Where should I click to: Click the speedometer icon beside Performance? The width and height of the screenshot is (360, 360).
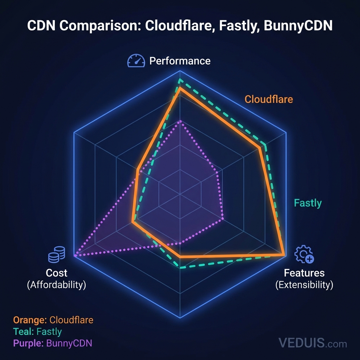coord(136,61)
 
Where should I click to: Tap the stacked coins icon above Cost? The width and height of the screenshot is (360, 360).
coord(57,254)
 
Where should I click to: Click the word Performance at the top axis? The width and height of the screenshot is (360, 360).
coord(180,61)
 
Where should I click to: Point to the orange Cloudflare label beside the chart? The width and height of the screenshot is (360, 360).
coord(269,99)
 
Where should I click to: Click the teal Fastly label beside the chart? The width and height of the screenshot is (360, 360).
coord(308,203)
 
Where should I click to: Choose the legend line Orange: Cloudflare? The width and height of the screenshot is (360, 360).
coord(53,320)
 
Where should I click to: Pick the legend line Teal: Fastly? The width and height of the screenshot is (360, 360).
coord(37,332)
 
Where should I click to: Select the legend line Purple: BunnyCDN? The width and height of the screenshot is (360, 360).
coord(52,343)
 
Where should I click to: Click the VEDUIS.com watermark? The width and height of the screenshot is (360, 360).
coord(312,342)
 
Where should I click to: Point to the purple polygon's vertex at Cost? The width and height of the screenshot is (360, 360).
coord(75,256)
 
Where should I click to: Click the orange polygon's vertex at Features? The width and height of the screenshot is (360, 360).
coord(284,254)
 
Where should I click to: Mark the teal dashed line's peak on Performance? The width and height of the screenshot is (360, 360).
coord(180,80)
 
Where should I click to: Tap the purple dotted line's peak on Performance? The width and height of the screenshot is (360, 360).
coord(180,121)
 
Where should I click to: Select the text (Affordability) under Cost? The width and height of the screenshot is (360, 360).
coord(57,285)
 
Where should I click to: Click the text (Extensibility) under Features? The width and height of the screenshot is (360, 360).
coord(304,284)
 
